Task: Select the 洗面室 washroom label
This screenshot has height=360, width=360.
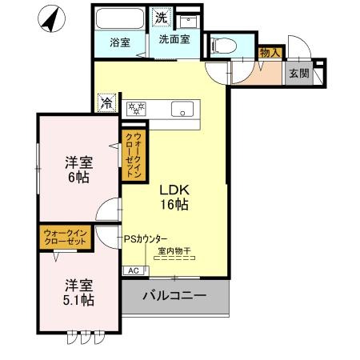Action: (x=173, y=38)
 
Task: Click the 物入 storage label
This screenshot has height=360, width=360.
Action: (x=270, y=52)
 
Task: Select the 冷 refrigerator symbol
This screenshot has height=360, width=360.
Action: (x=106, y=102)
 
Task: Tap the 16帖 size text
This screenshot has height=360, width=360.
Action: (x=174, y=206)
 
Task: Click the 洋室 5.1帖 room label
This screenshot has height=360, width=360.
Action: (x=78, y=292)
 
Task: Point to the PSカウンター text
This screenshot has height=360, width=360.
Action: (x=146, y=238)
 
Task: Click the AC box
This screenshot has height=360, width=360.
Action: (x=133, y=270)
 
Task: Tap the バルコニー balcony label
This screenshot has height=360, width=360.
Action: (x=174, y=296)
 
